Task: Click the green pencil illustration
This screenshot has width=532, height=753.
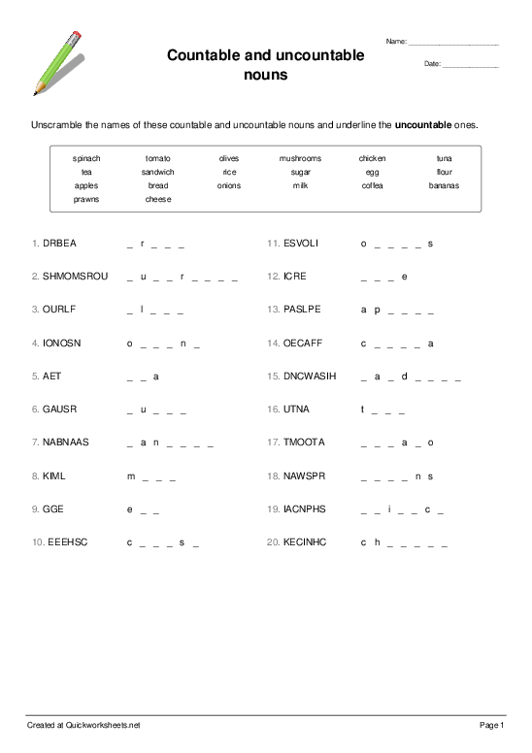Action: coord(59,61)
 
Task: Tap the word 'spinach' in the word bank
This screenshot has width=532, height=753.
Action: coord(86,158)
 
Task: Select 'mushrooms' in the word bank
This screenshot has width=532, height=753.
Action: coord(300,158)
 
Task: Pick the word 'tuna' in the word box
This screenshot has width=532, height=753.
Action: coord(444,158)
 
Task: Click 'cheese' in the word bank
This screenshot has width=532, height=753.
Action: coord(158,199)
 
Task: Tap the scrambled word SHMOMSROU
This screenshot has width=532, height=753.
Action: coord(76,277)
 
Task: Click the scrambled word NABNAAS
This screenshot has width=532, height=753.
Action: coord(66,442)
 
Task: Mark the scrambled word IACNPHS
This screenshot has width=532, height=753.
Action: coord(304,508)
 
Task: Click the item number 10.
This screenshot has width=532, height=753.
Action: coord(36,542)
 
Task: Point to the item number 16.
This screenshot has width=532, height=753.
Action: coord(272,409)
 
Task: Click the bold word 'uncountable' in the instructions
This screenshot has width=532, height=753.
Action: coord(422,125)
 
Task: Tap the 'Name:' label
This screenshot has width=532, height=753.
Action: coord(396,42)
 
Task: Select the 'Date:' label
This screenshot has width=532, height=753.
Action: coord(432,64)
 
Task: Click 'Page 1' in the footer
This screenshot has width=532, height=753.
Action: coord(492,725)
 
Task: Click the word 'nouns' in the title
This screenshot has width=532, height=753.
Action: coord(265,74)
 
